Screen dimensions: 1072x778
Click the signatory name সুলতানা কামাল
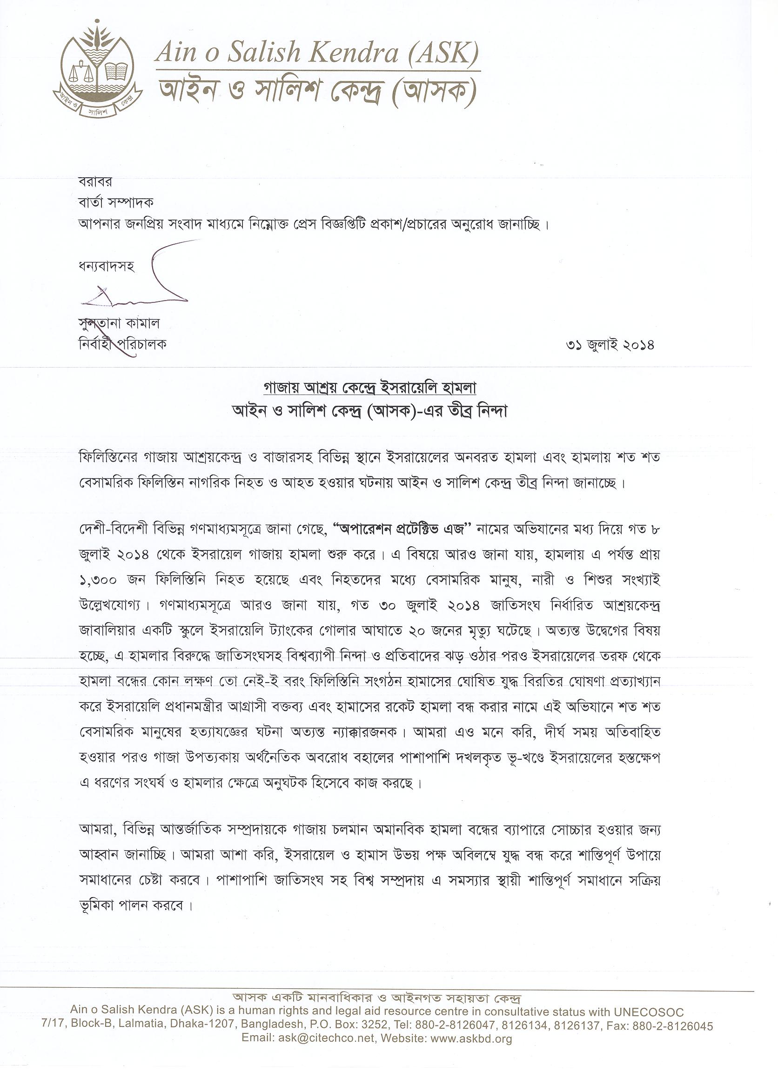click(119, 324)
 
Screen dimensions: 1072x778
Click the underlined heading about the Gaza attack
click(369, 388)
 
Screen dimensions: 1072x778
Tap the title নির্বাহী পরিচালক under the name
click(122, 345)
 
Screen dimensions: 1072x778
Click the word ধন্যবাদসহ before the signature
click(107, 267)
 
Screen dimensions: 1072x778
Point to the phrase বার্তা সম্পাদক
click(116, 202)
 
